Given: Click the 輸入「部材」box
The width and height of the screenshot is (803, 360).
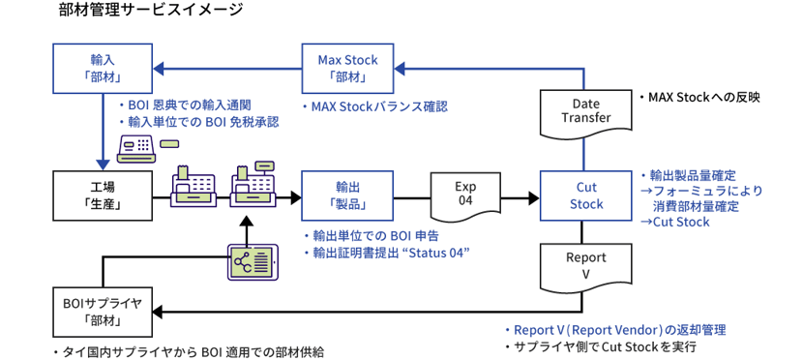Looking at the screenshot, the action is tap(103, 68).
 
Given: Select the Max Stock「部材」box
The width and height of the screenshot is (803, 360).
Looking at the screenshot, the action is tap(347, 68).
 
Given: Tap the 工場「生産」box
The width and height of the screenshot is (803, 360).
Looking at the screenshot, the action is tap(103, 196).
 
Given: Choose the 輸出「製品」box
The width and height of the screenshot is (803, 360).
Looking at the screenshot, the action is tap(347, 196).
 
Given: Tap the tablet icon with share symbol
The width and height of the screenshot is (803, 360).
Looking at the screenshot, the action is tap(252, 262).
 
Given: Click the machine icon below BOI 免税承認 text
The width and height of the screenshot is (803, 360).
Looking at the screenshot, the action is tap(136, 149).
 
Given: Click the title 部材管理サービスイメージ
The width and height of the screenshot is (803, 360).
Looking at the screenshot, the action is tap(151, 10).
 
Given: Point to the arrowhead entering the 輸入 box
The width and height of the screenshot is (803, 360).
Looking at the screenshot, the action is tap(158, 68).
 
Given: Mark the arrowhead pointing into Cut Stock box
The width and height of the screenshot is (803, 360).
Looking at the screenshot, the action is tap(534, 196).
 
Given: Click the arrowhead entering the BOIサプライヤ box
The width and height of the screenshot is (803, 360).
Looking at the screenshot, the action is tap(158, 312).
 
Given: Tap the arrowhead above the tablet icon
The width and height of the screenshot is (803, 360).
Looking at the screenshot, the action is tap(247, 222).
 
